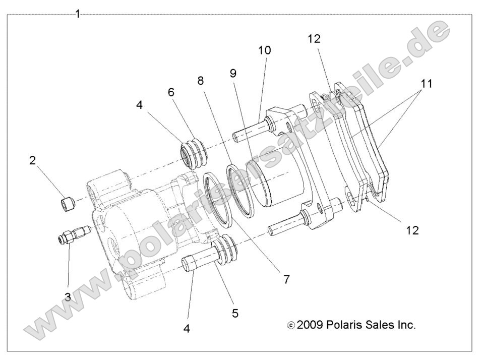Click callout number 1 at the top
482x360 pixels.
78,14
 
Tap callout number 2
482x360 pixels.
33,161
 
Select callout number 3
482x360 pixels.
68,296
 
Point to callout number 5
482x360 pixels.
235,313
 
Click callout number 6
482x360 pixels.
171,92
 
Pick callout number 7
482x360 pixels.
286,279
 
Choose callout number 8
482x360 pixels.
201,80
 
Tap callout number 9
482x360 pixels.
233,73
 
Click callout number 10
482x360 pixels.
265,50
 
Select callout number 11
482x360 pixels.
427,84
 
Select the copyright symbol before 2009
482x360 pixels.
291,326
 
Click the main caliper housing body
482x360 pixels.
131,222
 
